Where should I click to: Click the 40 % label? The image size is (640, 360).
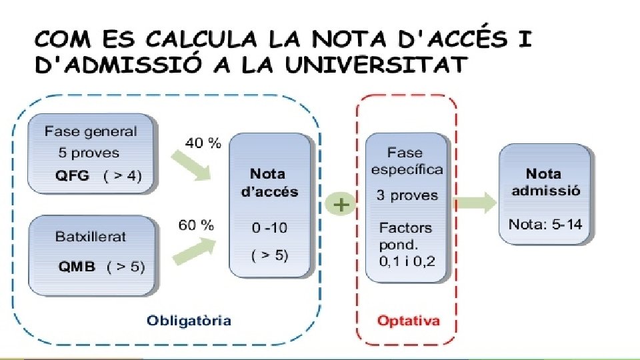tap(203, 143)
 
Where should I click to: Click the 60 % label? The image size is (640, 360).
tap(196, 225)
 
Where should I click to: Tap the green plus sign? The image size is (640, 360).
tap(341, 204)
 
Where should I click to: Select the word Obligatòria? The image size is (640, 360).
tap(189, 321)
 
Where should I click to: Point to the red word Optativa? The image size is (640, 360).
tap(408, 321)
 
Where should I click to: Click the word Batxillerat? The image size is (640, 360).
tap(90, 236)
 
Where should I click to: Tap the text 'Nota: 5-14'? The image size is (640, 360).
tap(545, 224)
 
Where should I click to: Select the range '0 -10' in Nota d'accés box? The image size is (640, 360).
tap(269, 228)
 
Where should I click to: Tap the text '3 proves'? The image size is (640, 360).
tap(406, 196)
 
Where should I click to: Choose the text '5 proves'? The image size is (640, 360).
tap(89, 153)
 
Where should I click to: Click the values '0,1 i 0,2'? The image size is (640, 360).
tap(407, 261)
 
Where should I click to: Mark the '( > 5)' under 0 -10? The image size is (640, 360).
tap(269, 255)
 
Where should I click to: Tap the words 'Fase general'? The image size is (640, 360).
tap(90, 131)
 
